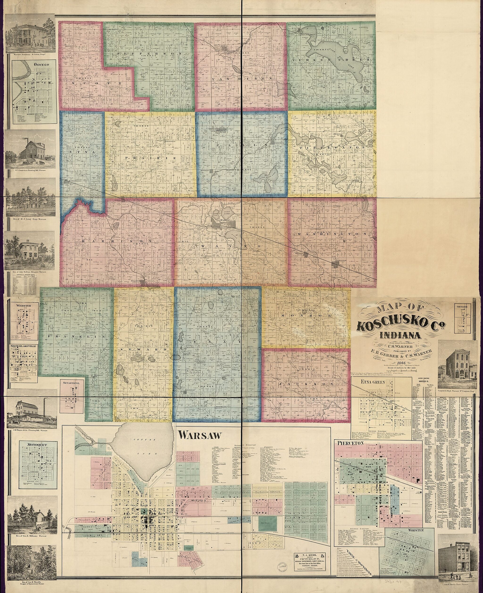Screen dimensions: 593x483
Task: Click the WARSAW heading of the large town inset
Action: (200, 435)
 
